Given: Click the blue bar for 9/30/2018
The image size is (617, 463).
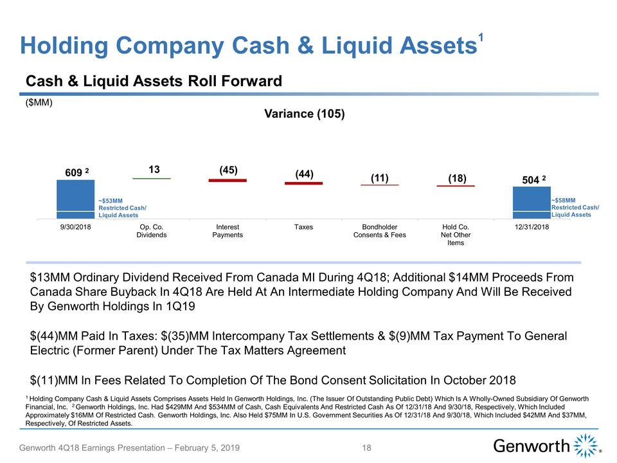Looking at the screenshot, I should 76,199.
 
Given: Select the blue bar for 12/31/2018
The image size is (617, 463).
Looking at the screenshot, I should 531,203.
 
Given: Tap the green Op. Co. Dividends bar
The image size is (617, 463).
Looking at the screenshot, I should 152,178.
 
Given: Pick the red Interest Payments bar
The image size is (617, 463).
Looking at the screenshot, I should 228,181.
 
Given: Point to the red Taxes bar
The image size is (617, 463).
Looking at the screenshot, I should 303,184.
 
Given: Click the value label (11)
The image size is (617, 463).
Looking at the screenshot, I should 379,177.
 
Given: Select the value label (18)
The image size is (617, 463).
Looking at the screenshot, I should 456,177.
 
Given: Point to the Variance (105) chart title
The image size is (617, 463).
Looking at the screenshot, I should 305,114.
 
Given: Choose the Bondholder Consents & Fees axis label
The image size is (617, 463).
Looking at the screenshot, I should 379,232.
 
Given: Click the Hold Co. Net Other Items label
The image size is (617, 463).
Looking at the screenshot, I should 456,235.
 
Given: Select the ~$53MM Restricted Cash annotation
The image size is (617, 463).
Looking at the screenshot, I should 122,208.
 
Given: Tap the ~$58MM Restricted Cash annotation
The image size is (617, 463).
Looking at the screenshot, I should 575,207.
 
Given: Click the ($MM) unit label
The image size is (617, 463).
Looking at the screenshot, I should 39,102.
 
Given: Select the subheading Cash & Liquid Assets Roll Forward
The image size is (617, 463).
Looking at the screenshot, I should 154,81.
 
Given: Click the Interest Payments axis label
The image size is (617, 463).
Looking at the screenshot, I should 228,232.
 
